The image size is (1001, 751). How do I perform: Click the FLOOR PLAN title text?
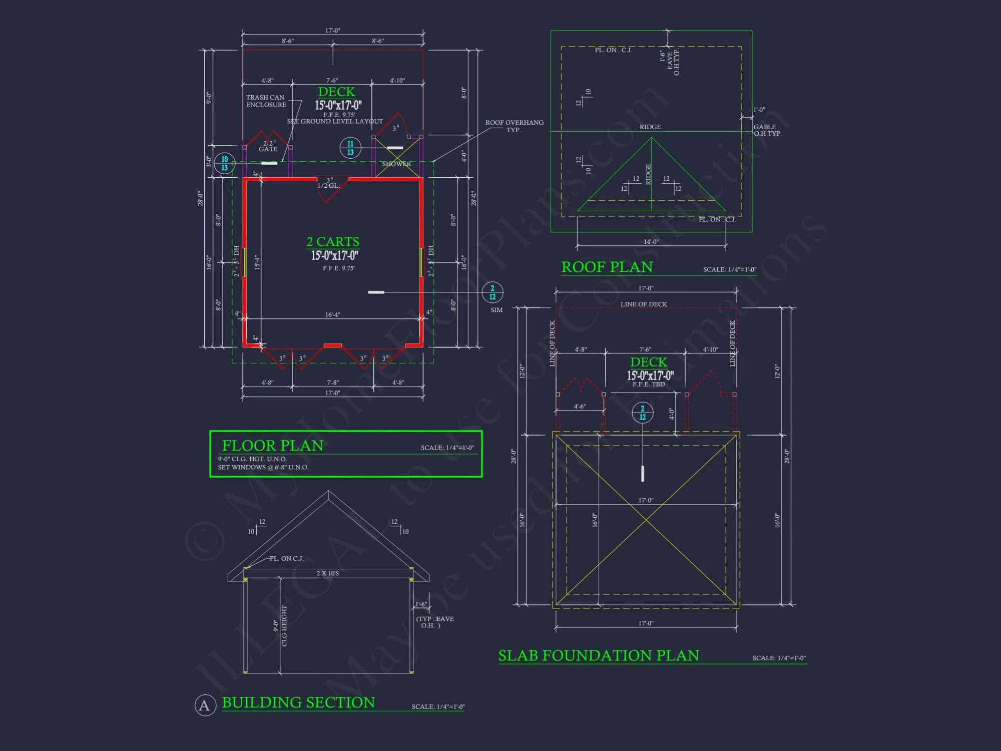[x=273, y=445]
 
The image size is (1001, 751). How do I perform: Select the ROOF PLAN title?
[x=607, y=267]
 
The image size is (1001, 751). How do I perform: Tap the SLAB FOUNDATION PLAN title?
[x=599, y=655]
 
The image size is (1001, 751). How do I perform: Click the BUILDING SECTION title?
[x=298, y=702]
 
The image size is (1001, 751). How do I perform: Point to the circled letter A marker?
[x=205, y=705]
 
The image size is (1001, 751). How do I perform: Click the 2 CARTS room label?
[x=333, y=242]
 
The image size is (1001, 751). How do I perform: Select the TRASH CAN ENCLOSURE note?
[x=266, y=101]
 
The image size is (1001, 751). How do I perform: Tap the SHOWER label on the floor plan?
[x=396, y=164]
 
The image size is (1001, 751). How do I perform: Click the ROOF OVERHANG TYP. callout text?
[x=514, y=126]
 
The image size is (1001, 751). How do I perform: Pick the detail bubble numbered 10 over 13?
[x=224, y=163]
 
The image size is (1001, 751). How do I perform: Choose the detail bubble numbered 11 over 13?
[x=350, y=148]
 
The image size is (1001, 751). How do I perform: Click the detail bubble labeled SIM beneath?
[x=492, y=292]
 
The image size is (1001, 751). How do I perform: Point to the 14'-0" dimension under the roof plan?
[x=651, y=242]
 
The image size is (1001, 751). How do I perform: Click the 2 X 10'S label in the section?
[x=327, y=573]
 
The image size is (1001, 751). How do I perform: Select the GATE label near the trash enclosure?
[x=268, y=149]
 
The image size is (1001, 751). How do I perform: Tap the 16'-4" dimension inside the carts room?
[x=332, y=315]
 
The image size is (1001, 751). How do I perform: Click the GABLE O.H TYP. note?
[x=767, y=130]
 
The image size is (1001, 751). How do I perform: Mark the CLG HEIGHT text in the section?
[x=284, y=626]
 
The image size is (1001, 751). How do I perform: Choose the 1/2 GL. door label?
[x=328, y=186]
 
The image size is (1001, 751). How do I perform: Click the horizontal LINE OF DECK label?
[x=644, y=304]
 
